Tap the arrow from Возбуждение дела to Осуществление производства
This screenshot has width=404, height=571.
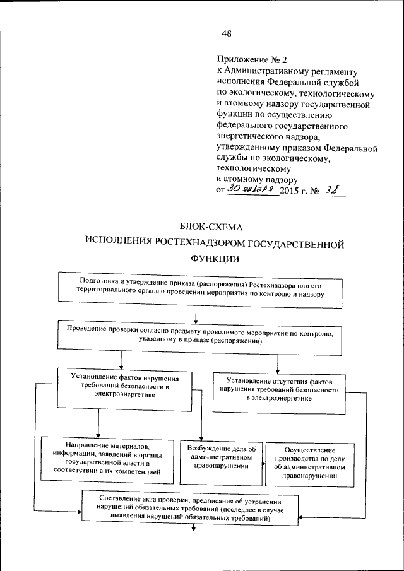tap(261, 465)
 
